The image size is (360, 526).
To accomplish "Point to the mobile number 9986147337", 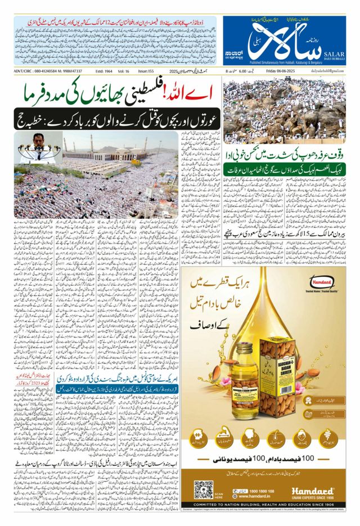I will point(68,71).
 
